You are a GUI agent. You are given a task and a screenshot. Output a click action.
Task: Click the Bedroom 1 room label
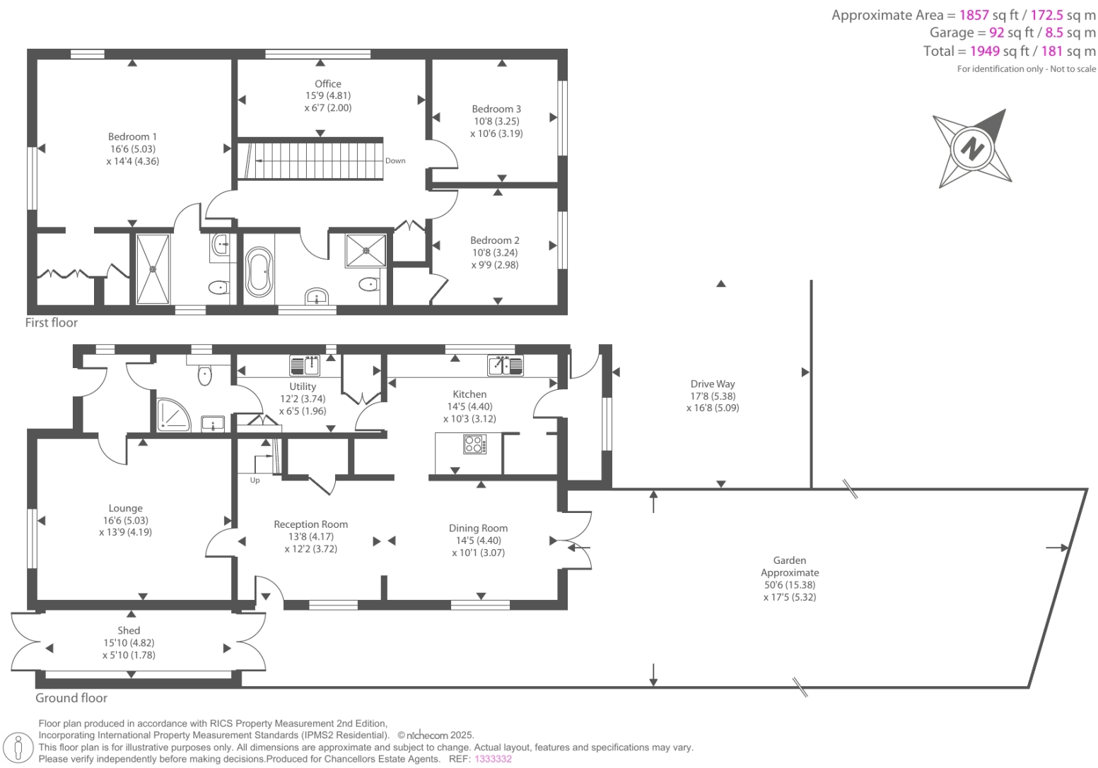(x=132, y=136)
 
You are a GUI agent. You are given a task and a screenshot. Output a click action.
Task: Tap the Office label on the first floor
(x=328, y=83)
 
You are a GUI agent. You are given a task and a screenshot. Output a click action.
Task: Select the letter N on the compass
(x=973, y=149)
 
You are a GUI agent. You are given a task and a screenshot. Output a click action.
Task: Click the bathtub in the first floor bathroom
(x=258, y=272)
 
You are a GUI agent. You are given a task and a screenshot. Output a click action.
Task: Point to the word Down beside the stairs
(x=395, y=160)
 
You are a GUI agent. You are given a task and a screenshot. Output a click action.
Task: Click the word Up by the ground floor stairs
(x=255, y=480)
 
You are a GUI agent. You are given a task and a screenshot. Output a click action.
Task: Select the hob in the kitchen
(x=474, y=444)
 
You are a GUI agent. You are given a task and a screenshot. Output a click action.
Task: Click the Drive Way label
(x=713, y=384)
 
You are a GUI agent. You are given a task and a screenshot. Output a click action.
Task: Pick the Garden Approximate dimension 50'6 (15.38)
(x=789, y=585)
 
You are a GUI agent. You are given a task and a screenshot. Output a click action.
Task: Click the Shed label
(x=129, y=630)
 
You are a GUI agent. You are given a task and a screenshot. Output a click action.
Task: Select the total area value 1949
(x=984, y=51)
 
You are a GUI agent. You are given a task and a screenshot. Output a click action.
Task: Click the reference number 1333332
(x=493, y=759)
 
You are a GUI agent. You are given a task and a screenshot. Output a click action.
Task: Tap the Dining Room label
(x=478, y=528)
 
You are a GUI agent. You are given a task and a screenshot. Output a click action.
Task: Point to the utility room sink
(x=305, y=365)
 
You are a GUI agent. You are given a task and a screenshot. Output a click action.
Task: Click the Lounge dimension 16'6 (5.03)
(x=126, y=520)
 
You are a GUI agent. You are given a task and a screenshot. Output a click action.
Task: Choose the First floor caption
(x=52, y=322)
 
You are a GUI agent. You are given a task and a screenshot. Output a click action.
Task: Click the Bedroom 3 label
(x=496, y=109)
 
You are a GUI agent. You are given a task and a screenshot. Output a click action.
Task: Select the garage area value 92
(x=996, y=33)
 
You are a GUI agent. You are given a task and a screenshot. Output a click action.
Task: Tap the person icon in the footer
(x=18, y=748)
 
